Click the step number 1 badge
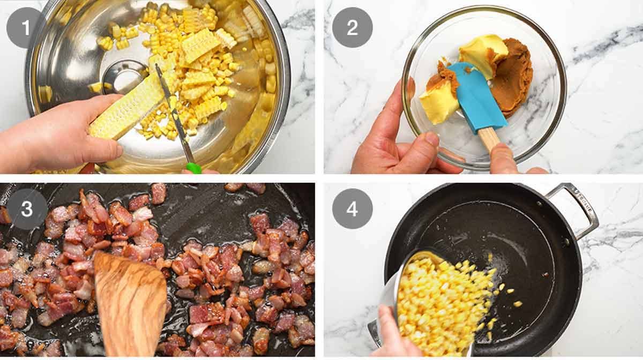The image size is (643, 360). (26, 27)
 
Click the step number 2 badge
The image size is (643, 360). (352, 27)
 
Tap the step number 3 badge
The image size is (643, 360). (26, 209)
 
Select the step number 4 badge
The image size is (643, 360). (352, 209)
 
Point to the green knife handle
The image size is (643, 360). (193, 168)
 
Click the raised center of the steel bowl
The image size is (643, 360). (122, 75)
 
